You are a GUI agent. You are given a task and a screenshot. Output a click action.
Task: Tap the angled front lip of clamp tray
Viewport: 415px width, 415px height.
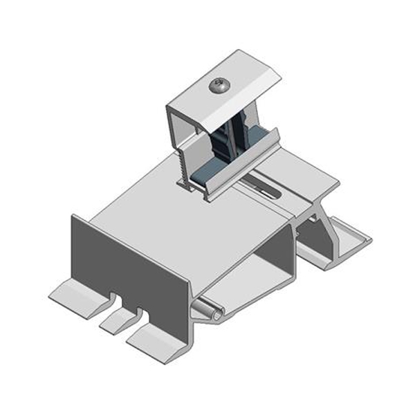(242, 163)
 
